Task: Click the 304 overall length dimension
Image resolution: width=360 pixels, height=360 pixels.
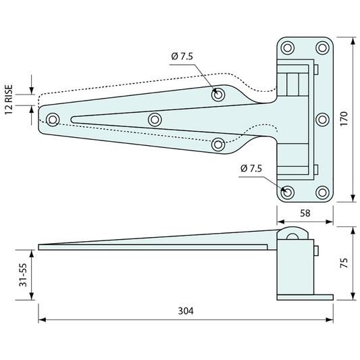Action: [186, 311]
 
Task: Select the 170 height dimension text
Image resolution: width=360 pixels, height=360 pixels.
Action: [344, 118]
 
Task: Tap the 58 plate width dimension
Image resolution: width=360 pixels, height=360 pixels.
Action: [305, 213]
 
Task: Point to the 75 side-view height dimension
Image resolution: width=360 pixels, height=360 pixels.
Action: [344, 263]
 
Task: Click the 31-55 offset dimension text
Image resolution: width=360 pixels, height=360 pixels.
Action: [23, 275]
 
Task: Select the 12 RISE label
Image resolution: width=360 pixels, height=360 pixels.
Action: [9, 100]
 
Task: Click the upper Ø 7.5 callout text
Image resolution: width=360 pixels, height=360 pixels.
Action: [182, 56]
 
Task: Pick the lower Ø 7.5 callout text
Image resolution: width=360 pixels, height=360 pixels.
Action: [251, 169]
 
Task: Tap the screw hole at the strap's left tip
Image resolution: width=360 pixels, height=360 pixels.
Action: [53, 120]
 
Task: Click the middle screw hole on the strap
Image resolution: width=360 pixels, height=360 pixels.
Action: [155, 120]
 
